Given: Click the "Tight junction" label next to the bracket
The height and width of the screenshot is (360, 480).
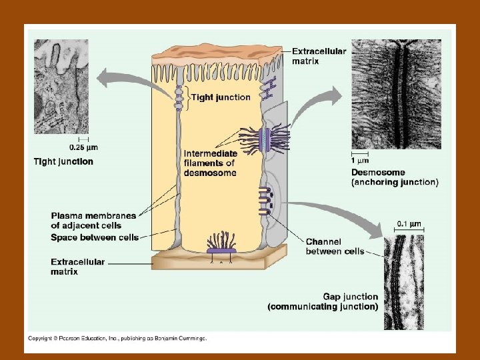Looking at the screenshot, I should coord(221,97).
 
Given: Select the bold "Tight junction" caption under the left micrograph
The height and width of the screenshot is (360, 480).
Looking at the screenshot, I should coord(63,161).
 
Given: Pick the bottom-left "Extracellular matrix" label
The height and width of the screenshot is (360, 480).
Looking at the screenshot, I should coord(77,267).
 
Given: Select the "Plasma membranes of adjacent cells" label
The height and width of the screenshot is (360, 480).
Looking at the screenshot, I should coord(93,220).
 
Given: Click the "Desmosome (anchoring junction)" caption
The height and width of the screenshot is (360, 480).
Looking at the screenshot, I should coord(394,177).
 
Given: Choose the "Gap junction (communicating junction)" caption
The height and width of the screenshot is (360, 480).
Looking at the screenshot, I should coord(323,301).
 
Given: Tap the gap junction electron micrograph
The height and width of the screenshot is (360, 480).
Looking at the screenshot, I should coord(404,279).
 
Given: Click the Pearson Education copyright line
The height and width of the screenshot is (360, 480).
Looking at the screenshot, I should coord(117,338).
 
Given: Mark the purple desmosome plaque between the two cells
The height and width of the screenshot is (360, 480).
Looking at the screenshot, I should coord(265,138).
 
